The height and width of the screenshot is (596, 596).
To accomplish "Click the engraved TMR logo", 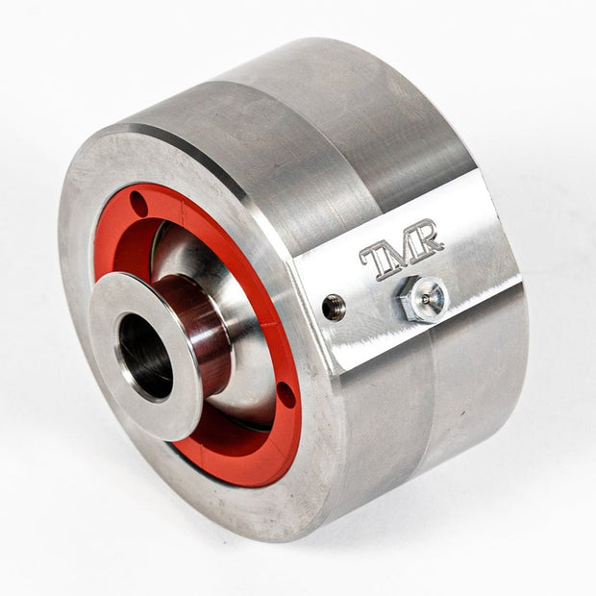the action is click(402, 249).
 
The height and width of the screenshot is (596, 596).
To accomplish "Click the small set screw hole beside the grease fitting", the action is click(334, 304).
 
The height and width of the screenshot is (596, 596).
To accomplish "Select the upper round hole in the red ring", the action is click(138, 204).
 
